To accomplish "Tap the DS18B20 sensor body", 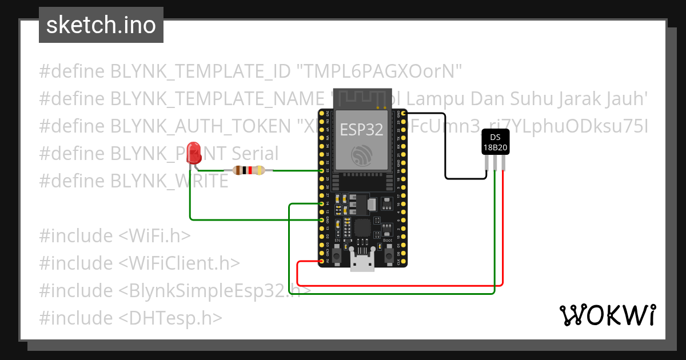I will tap(494, 142).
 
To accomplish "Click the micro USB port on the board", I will tap(361, 264).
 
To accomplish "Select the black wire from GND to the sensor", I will tap(445, 149).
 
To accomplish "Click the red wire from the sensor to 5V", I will tap(502, 229).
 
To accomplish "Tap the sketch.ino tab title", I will tap(101, 25).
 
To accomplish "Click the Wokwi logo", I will tap(607, 315).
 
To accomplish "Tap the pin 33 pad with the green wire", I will tap(322, 171).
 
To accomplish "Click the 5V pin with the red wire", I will tap(322, 261).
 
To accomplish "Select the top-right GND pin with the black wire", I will tap(403, 114).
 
